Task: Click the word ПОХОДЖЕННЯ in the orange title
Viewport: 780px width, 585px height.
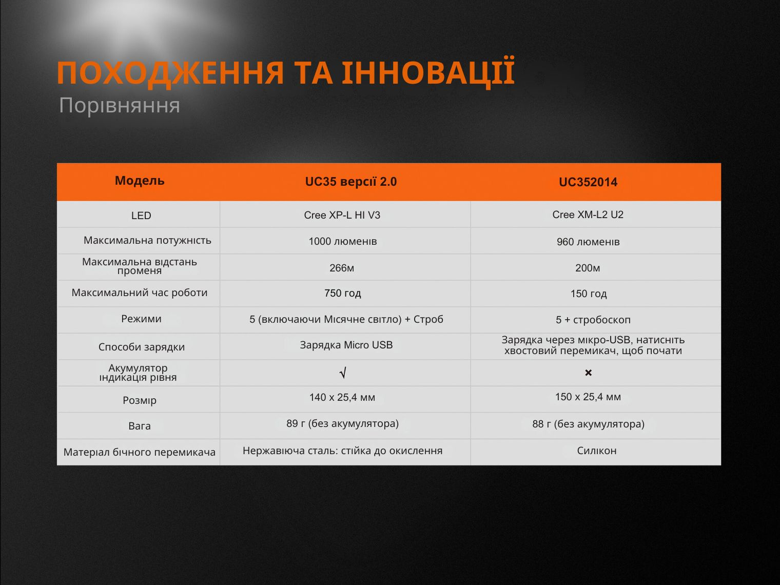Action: click(x=170, y=73)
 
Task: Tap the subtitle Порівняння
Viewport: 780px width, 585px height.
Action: click(x=120, y=106)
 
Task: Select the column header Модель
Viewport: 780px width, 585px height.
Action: click(x=140, y=181)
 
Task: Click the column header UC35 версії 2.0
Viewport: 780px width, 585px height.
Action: click(x=350, y=182)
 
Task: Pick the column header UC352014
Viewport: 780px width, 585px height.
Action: click(x=588, y=182)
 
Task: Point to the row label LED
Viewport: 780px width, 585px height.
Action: click(x=141, y=216)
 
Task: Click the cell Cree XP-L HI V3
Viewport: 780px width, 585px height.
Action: click(x=342, y=215)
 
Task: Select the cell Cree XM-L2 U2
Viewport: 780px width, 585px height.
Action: click(x=588, y=215)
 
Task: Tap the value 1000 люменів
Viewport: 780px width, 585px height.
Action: click(x=343, y=242)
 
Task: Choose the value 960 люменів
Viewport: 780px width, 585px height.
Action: click(x=588, y=242)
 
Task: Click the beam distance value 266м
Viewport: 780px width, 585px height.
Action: click(x=341, y=268)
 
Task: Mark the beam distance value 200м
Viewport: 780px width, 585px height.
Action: click(x=588, y=268)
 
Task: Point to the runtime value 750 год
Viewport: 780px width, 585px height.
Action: click(x=343, y=294)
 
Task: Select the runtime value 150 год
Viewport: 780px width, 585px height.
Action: click(x=589, y=294)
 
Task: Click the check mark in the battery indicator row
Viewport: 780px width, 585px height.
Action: click(x=343, y=373)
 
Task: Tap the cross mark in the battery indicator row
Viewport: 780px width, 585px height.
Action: click(x=588, y=373)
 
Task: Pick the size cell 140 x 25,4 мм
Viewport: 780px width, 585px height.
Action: click(x=342, y=397)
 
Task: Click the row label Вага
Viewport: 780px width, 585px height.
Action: click(x=139, y=426)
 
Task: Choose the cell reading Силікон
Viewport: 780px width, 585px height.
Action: click(x=597, y=451)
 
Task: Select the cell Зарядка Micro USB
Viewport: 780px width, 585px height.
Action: click(x=346, y=345)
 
